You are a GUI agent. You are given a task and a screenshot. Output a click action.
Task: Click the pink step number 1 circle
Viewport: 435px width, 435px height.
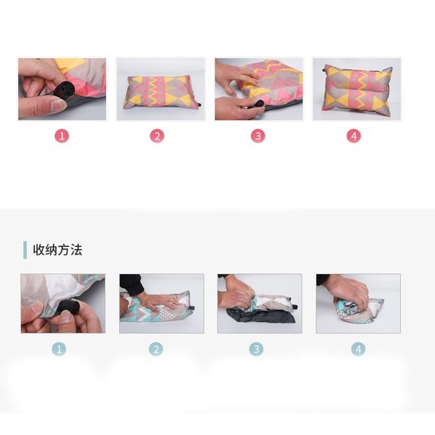click(x=62, y=136)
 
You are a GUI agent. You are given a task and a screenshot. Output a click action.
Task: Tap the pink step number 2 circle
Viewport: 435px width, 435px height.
click(x=157, y=136)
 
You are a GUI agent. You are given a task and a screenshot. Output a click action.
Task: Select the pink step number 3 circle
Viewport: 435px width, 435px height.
click(x=257, y=136)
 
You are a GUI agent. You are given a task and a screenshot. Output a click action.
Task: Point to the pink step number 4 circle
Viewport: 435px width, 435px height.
click(x=354, y=136)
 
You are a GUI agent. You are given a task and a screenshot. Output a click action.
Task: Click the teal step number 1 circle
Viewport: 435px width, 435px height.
click(x=59, y=349)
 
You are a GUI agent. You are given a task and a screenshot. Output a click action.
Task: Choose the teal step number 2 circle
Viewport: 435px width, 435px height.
click(x=156, y=349)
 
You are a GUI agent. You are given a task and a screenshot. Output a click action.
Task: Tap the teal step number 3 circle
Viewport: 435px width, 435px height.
click(x=256, y=349)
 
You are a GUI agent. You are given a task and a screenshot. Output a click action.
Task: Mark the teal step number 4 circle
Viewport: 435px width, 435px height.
click(x=358, y=349)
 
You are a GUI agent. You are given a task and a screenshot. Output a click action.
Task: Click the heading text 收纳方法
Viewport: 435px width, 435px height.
click(x=57, y=250)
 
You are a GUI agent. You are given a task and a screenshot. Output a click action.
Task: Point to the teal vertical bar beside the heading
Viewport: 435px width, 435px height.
click(x=25, y=250)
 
